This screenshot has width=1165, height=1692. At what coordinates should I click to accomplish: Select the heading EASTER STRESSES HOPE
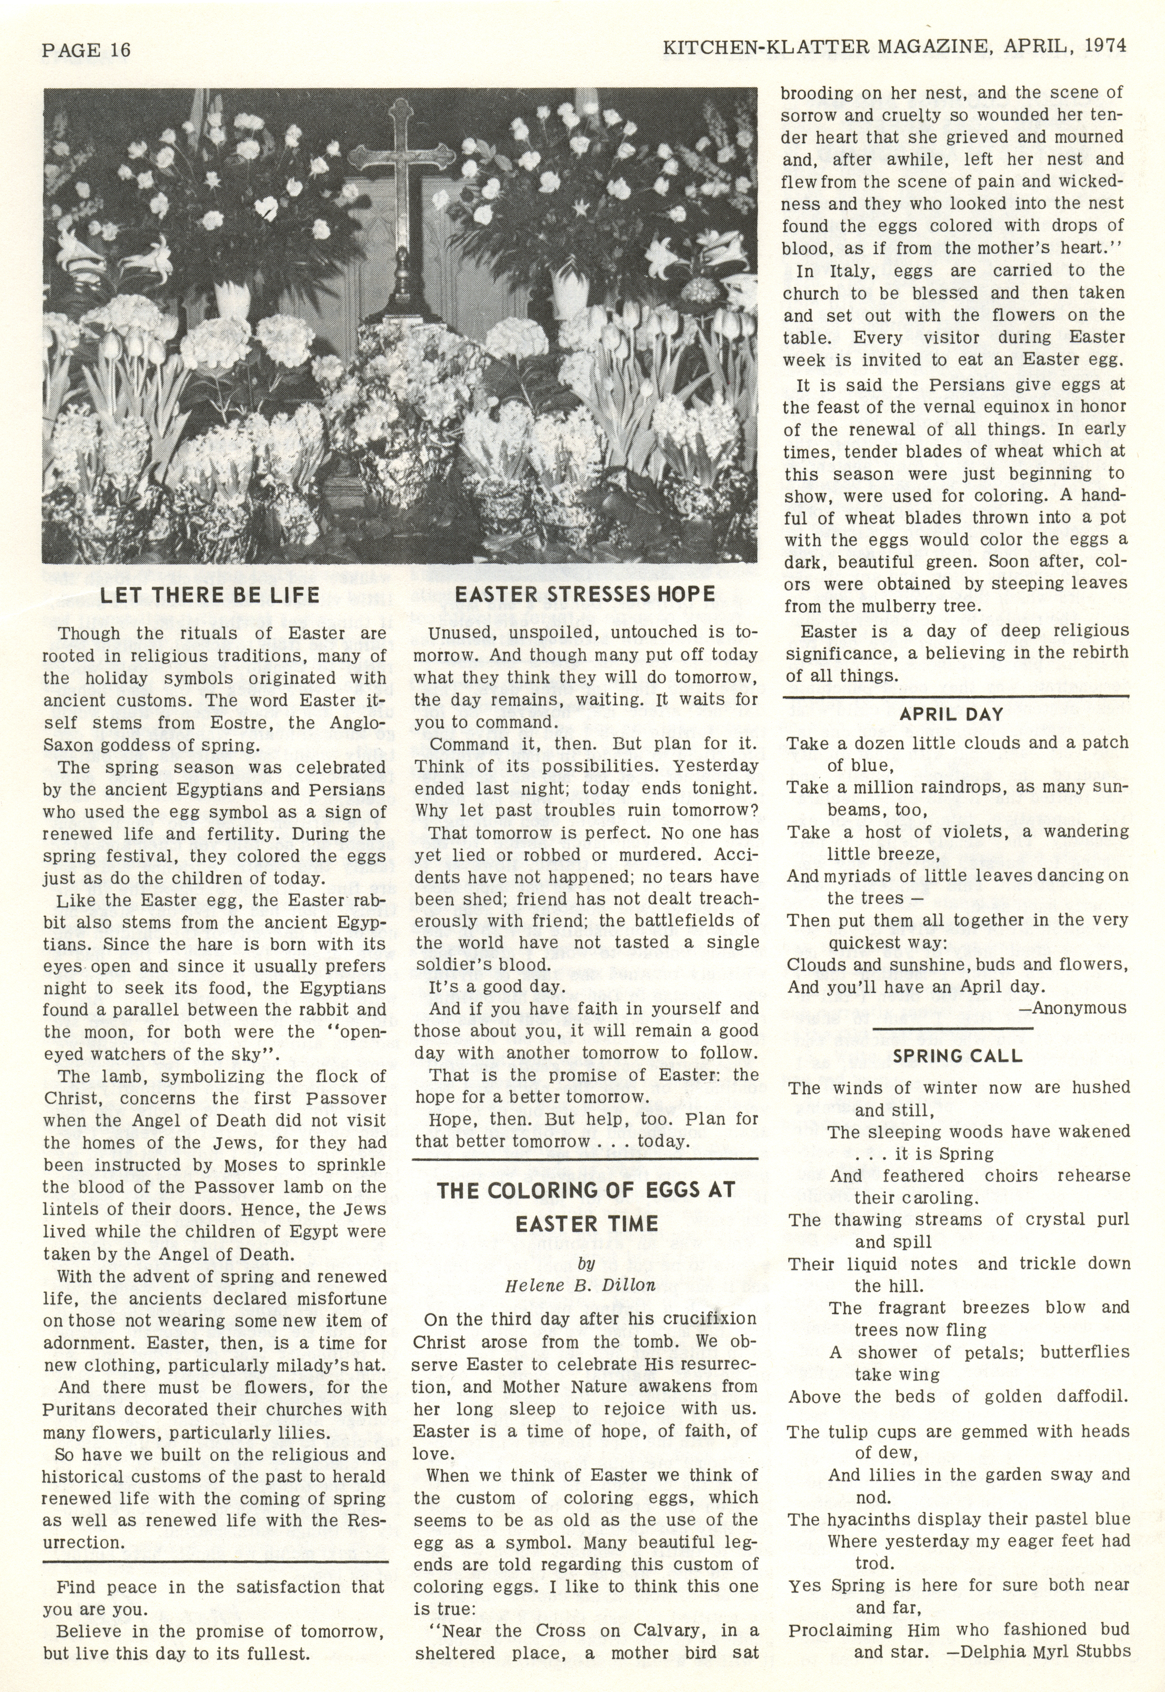pos(585,594)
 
